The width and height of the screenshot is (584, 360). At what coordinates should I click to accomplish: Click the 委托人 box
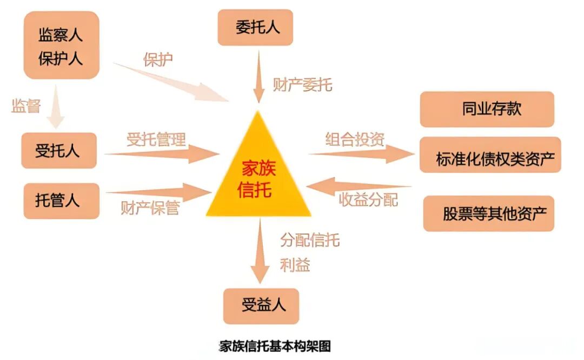tap(255, 27)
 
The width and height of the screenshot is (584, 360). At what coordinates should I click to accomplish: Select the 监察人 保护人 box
tap(61, 45)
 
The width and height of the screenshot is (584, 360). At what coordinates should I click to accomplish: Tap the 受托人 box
tap(58, 150)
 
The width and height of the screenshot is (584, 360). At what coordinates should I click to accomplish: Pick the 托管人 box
tap(60, 201)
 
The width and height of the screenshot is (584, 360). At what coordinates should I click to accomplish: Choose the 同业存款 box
tap(487, 109)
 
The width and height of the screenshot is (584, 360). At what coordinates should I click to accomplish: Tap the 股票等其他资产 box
tap(488, 214)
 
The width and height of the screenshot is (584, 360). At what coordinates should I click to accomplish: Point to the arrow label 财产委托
tap(302, 85)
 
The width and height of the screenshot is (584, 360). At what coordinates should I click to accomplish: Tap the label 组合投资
tap(355, 139)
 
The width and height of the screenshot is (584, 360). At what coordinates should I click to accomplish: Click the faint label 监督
tap(26, 106)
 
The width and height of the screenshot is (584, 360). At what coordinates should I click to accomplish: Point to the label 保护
tap(158, 59)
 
